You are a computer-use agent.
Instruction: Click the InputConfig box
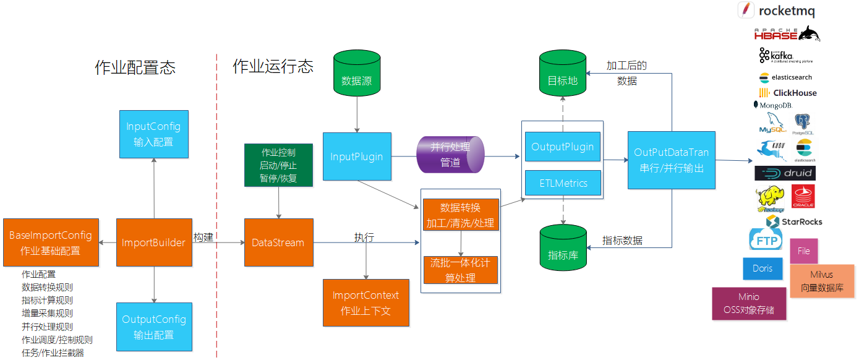click(x=153, y=134)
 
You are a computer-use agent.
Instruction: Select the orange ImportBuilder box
click(x=153, y=242)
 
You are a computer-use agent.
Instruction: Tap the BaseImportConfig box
click(x=51, y=242)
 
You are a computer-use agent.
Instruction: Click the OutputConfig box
click(x=154, y=327)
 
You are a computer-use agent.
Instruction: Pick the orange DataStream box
click(x=278, y=242)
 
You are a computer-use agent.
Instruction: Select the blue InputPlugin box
click(x=356, y=156)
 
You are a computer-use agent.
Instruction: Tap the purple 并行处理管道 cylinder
click(x=450, y=155)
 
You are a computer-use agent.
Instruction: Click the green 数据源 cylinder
click(x=357, y=75)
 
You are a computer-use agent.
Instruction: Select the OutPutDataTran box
click(x=671, y=160)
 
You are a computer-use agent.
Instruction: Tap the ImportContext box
click(x=366, y=302)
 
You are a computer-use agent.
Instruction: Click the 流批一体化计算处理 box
click(x=460, y=270)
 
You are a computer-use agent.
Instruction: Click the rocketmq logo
click(x=777, y=11)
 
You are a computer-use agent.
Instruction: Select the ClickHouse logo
click(x=787, y=93)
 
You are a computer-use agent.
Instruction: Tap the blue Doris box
click(x=762, y=268)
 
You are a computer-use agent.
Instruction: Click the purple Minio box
click(x=749, y=303)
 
